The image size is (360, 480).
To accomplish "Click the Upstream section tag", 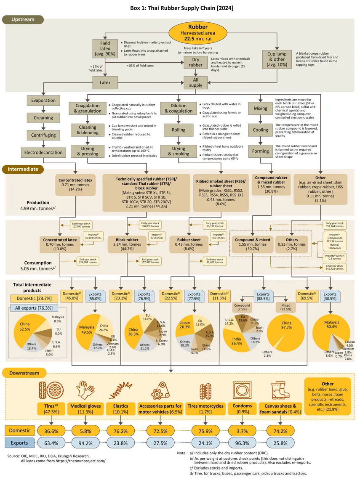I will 23,20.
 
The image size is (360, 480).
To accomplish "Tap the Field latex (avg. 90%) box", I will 105,48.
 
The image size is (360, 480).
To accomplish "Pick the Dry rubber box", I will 195,62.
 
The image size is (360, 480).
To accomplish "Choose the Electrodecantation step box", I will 43,152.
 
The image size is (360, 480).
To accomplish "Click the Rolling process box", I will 179,130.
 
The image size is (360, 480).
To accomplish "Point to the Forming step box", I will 260,151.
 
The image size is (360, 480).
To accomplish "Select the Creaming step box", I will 43,118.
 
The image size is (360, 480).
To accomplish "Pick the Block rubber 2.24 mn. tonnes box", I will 127,244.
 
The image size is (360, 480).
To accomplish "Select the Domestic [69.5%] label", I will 307,296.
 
